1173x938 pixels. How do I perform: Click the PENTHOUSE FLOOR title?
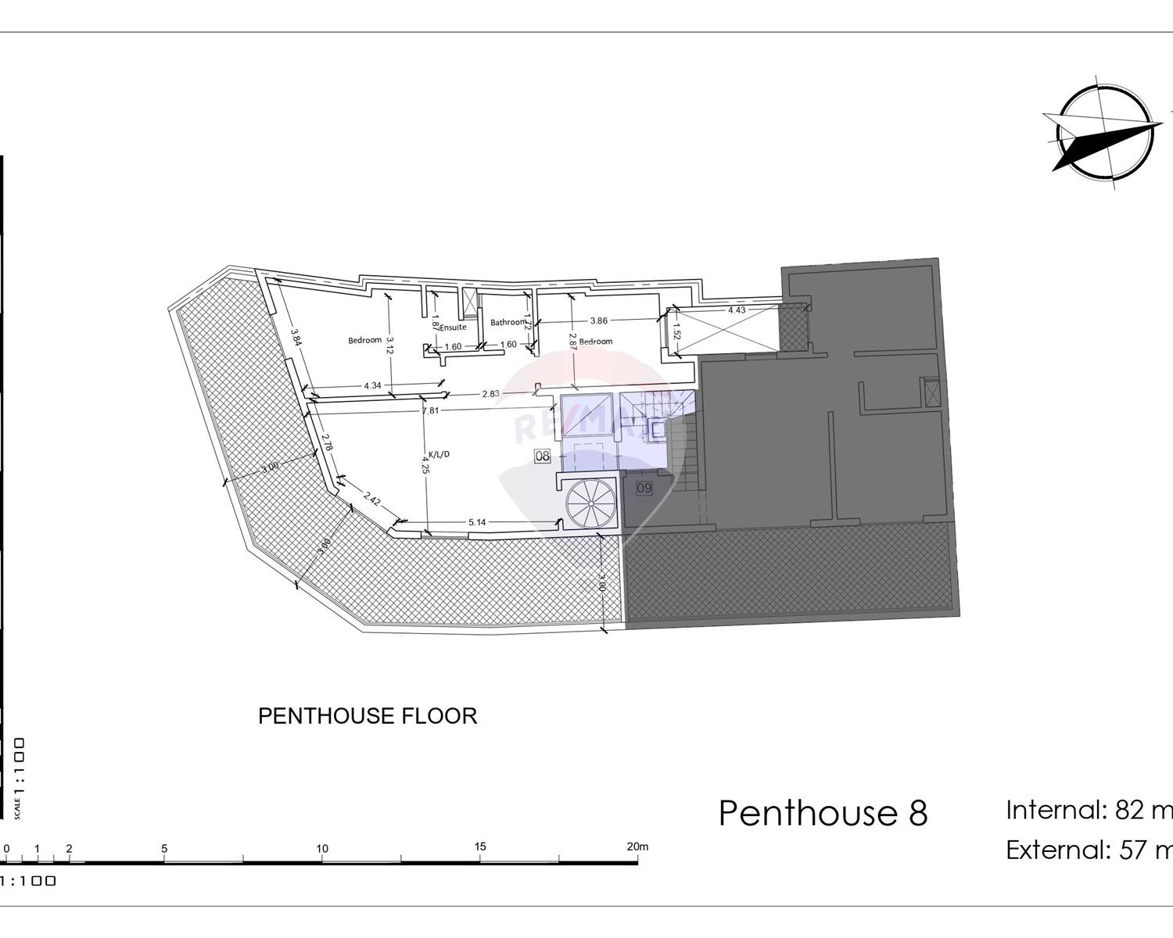pyautogui.click(x=368, y=716)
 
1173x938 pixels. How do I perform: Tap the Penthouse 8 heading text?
pyautogui.click(x=823, y=813)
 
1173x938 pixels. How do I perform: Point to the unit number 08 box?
pyautogui.click(x=542, y=456)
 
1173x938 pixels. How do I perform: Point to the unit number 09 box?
pyautogui.click(x=644, y=489)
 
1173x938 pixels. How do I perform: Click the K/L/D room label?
pyautogui.click(x=439, y=454)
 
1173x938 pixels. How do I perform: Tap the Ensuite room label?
pyautogui.click(x=454, y=328)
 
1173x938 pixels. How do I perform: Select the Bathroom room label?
pyautogui.click(x=508, y=322)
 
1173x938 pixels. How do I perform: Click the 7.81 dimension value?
pyautogui.click(x=430, y=410)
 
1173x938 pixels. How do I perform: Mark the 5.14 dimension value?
pyautogui.click(x=477, y=522)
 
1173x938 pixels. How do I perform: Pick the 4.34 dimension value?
pyautogui.click(x=373, y=385)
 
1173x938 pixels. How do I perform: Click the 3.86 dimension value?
pyautogui.click(x=598, y=320)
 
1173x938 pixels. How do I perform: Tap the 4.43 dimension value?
pyautogui.click(x=737, y=310)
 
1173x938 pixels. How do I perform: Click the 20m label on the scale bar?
pyautogui.click(x=637, y=847)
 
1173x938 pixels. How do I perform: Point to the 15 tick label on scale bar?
pyautogui.click(x=479, y=847)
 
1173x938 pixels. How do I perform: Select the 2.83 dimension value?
pyautogui.click(x=490, y=394)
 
